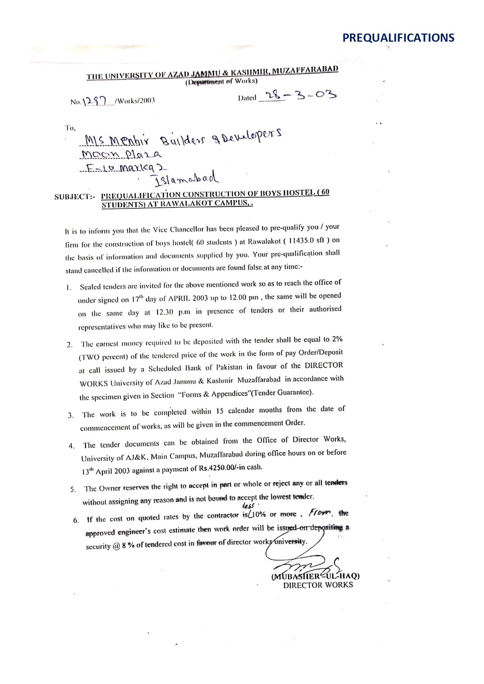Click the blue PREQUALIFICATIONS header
tap(398, 38)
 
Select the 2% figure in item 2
tap(337, 339)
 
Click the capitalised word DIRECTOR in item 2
tap(324, 366)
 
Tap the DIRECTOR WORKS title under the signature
tap(318, 585)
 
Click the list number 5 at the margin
tap(73, 490)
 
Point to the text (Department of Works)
tap(222, 81)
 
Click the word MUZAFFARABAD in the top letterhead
tap(305, 71)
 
